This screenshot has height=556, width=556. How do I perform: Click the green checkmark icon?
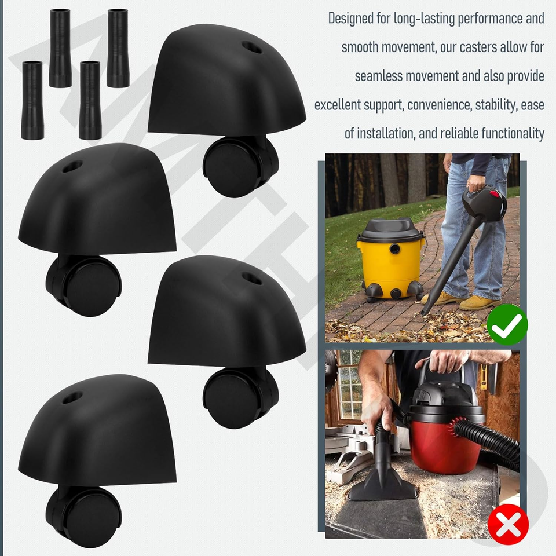[x=507, y=325]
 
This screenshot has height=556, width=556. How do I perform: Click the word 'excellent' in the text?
[x=338, y=105]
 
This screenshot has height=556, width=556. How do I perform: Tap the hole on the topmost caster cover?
[x=251, y=47]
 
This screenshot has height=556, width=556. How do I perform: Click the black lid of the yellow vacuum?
[x=391, y=229]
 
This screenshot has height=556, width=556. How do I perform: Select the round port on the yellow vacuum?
[x=395, y=249]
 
